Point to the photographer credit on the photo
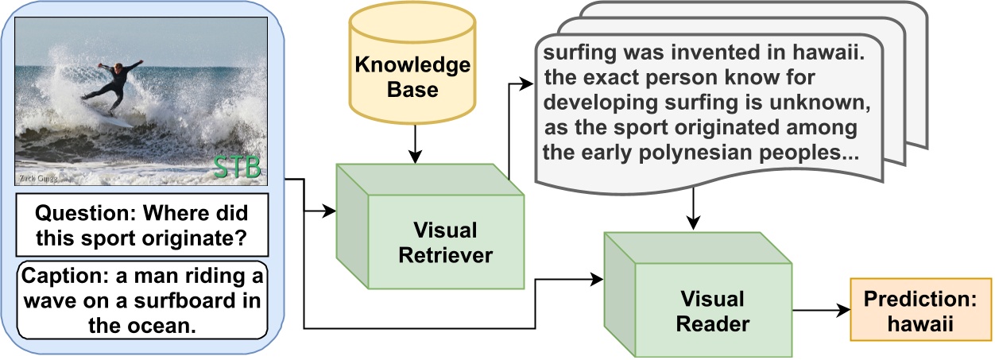[35, 180]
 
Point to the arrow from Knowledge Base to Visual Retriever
[412, 150]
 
